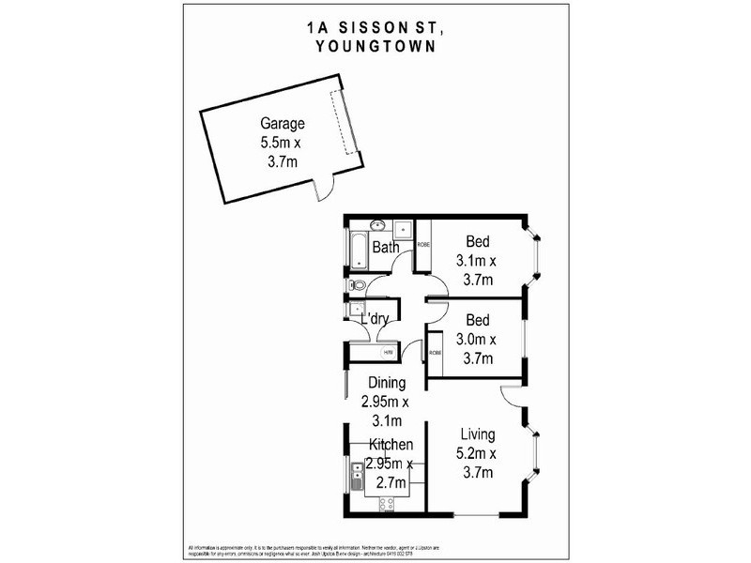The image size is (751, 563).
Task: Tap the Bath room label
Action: pos(386,248)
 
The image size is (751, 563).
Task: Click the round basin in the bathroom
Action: pos(375,225)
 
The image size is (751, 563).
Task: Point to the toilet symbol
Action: pos(354,285)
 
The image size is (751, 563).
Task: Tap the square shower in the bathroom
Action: pos(402,227)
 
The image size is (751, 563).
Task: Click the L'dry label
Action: pos(375,320)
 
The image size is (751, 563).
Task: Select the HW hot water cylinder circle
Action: pos(389,352)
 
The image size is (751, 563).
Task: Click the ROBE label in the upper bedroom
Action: pos(422,245)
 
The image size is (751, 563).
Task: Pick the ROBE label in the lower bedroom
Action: pos(435,353)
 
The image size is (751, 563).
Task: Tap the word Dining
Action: pos(387,383)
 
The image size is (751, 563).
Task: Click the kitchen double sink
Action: pos(357,479)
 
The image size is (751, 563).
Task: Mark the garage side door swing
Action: pos(324,190)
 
